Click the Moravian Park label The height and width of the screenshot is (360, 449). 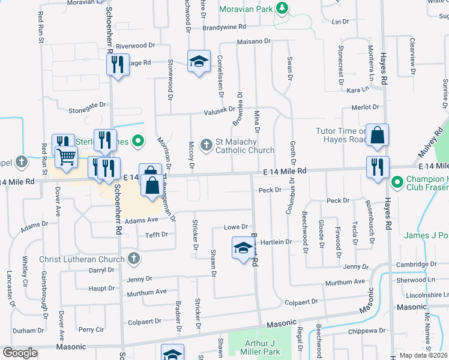tap(246, 8)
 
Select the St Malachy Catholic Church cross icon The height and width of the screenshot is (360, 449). tap(206, 144)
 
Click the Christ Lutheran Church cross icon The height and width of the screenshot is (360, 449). tap(133, 259)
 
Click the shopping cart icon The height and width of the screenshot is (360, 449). tap(66, 157)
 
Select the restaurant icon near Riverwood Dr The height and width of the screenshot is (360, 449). tap(118, 64)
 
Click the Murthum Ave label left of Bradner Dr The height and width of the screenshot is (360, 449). tap(146, 292)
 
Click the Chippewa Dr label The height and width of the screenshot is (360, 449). tap(365, 331)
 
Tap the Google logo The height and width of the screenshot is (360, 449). tap(20, 353)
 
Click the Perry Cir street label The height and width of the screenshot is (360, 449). tap(91, 329)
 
